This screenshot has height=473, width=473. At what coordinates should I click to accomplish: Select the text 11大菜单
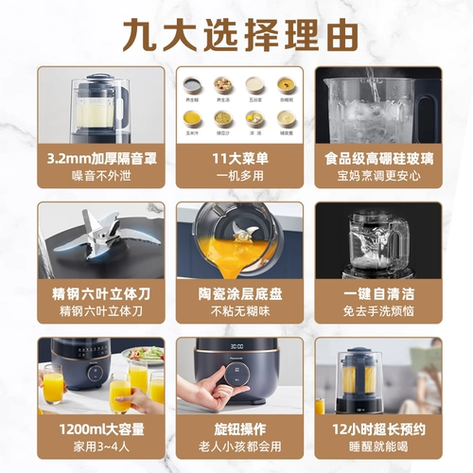236,159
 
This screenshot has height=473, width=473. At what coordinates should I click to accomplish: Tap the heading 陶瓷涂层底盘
236,294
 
